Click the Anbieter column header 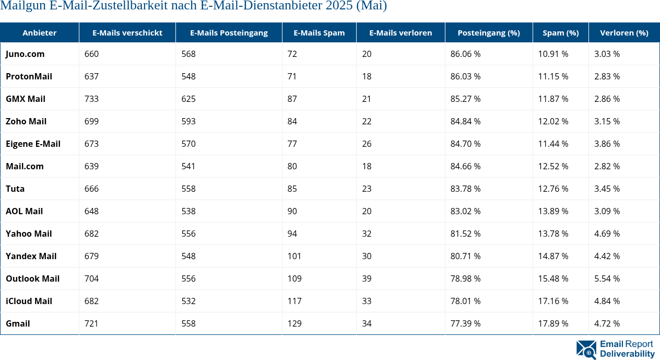click(39, 32)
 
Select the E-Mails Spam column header click(319, 32)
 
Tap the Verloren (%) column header click(624, 32)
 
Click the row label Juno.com click(25, 54)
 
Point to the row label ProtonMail click(29, 76)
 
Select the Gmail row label click(18, 323)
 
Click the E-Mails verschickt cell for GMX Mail click(91, 99)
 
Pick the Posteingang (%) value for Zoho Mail click(465, 121)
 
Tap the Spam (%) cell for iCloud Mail click(553, 301)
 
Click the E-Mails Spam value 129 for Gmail click(294, 323)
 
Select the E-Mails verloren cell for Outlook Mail click(367, 278)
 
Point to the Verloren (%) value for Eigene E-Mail click(607, 144)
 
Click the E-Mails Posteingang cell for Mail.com click(188, 166)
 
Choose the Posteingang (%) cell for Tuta click(465, 189)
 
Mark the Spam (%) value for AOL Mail click(553, 211)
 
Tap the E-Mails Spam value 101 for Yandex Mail click(294, 256)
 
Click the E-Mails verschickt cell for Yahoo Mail click(91, 234)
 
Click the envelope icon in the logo click(586, 350)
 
